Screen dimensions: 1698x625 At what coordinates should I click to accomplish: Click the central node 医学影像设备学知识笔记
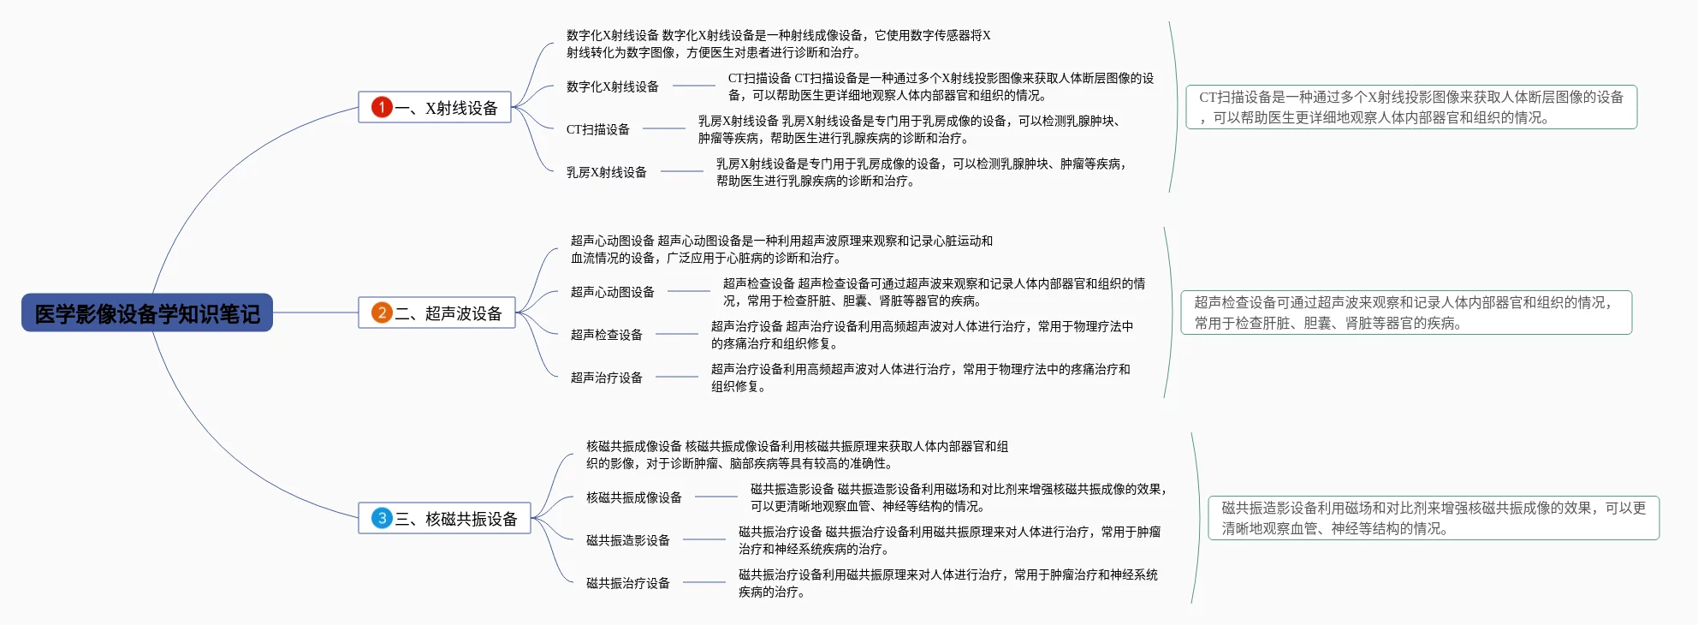147,313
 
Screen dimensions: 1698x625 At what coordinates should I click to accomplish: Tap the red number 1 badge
382,107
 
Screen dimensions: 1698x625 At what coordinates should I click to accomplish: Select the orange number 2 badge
382,312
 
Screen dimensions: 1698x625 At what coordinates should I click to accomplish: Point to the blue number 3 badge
382,518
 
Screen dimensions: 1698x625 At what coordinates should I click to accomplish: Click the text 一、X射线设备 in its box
447,108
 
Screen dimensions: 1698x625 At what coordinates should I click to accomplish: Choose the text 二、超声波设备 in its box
449,313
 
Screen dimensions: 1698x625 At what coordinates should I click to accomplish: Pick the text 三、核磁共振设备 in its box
457,519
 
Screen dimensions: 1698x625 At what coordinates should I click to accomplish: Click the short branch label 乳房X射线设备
607,172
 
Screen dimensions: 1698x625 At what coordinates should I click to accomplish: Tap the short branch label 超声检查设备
607,335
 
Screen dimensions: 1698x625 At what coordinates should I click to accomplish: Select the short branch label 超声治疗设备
607,378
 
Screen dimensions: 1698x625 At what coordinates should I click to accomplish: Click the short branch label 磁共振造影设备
628,540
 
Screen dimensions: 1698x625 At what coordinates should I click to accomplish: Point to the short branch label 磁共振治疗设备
628,583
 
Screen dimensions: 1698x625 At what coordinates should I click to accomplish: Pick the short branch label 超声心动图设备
613,292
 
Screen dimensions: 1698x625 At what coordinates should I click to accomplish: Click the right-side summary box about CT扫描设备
1411,107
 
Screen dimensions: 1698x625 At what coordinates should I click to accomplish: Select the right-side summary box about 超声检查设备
1406,312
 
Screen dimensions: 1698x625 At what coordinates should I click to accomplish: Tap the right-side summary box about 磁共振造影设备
1434,518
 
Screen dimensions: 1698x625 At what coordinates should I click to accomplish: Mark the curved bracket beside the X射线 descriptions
1178,107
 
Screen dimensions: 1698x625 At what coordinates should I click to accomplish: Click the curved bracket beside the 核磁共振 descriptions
1200,518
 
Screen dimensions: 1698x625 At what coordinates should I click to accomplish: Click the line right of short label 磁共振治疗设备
704,582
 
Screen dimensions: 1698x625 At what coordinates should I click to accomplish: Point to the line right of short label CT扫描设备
664,128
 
